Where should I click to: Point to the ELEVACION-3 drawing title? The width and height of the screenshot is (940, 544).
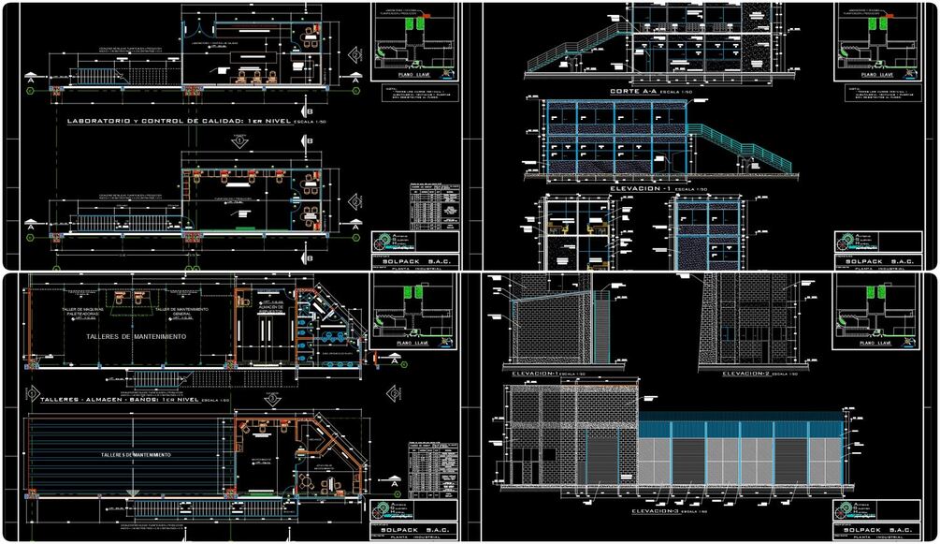[660, 511]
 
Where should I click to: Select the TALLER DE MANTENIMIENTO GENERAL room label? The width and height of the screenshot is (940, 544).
[182, 312]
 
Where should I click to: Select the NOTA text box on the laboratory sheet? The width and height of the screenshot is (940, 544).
[412, 93]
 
